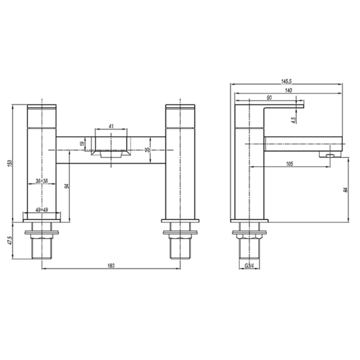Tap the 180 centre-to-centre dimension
click(x=111, y=265)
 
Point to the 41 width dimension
click(x=111, y=126)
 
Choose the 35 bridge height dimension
click(x=147, y=149)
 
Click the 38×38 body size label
click(x=43, y=182)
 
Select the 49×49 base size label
click(x=43, y=210)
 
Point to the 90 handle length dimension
click(x=268, y=99)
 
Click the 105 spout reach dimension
click(x=290, y=164)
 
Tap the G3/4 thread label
click(x=249, y=265)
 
